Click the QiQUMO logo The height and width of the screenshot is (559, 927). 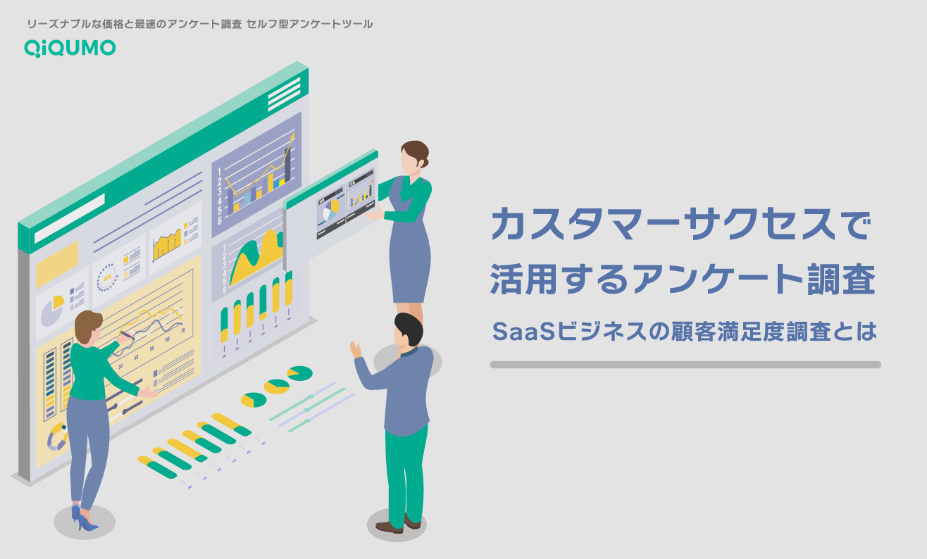point(70,48)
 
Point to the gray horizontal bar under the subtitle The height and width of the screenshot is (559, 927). point(685,365)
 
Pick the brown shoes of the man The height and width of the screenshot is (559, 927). point(397,525)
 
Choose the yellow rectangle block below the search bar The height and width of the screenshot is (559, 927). point(57,263)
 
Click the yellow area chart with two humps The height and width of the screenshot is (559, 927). point(256,256)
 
